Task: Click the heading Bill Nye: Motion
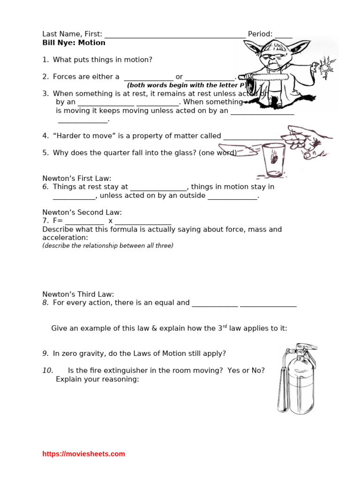pos(74,43)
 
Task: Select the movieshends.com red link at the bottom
pos(83,454)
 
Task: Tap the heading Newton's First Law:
pos(77,178)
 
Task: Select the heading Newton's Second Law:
pos(82,212)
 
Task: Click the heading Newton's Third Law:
pos(78,294)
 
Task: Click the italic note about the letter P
pos(186,85)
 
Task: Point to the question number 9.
pos(45,353)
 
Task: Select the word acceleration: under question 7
pos(65,238)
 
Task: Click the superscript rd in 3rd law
pos(225,326)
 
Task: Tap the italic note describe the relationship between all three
pos(108,246)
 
